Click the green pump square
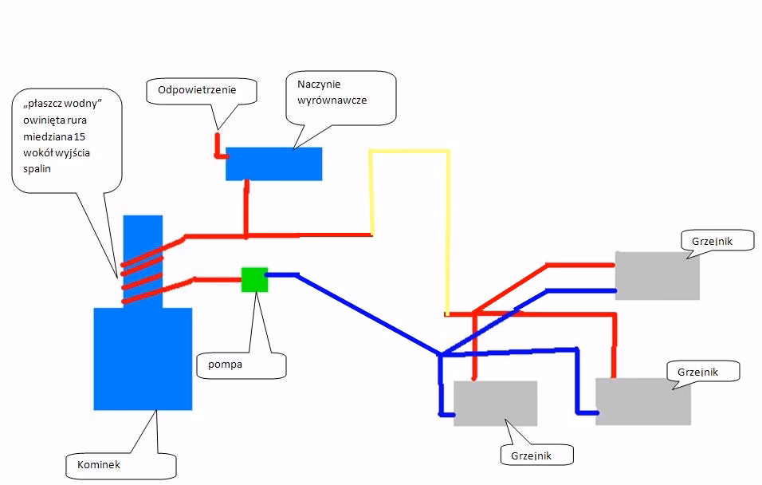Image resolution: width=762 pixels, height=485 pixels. tap(254, 279)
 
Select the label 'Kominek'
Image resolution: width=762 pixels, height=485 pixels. tap(100, 463)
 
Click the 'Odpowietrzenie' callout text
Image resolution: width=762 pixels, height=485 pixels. tap(202, 90)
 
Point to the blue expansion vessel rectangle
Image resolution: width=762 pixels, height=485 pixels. tap(273, 164)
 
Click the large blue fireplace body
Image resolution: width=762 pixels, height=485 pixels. tap(143, 358)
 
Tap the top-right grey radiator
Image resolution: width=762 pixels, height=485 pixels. tap(657, 275)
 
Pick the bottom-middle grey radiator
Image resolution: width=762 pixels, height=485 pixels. tap(495, 403)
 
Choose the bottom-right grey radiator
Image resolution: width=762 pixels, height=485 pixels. tap(642, 401)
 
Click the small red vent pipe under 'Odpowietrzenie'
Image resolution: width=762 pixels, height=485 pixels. tap(216, 145)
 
